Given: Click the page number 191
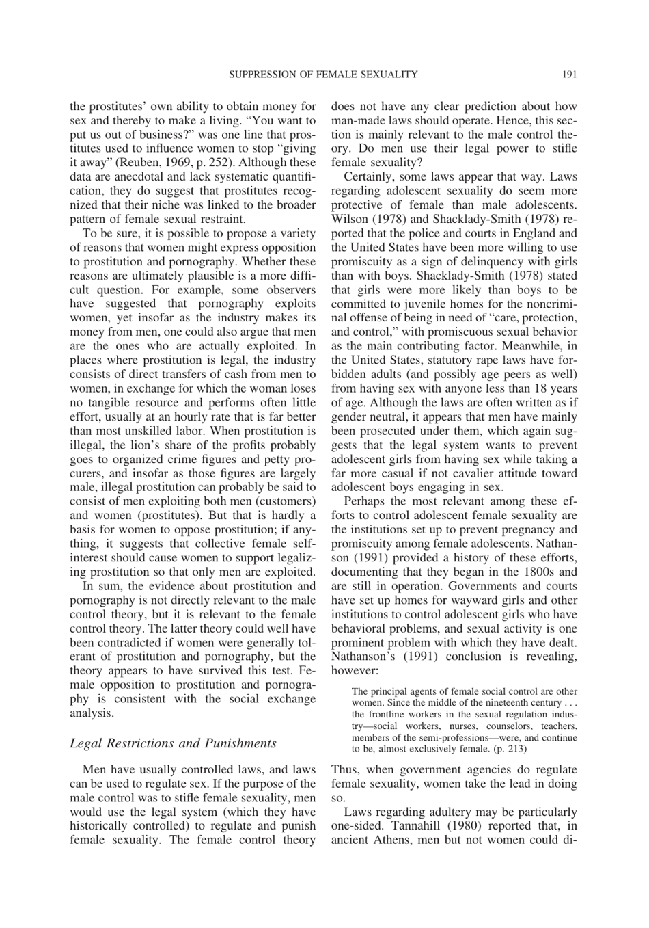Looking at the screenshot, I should [x=570, y=74].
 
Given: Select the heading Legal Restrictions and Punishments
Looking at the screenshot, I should [x=173, y=743].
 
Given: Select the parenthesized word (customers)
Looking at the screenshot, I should [x=282, y=501].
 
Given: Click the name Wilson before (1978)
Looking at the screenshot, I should [x=349, y=219].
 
